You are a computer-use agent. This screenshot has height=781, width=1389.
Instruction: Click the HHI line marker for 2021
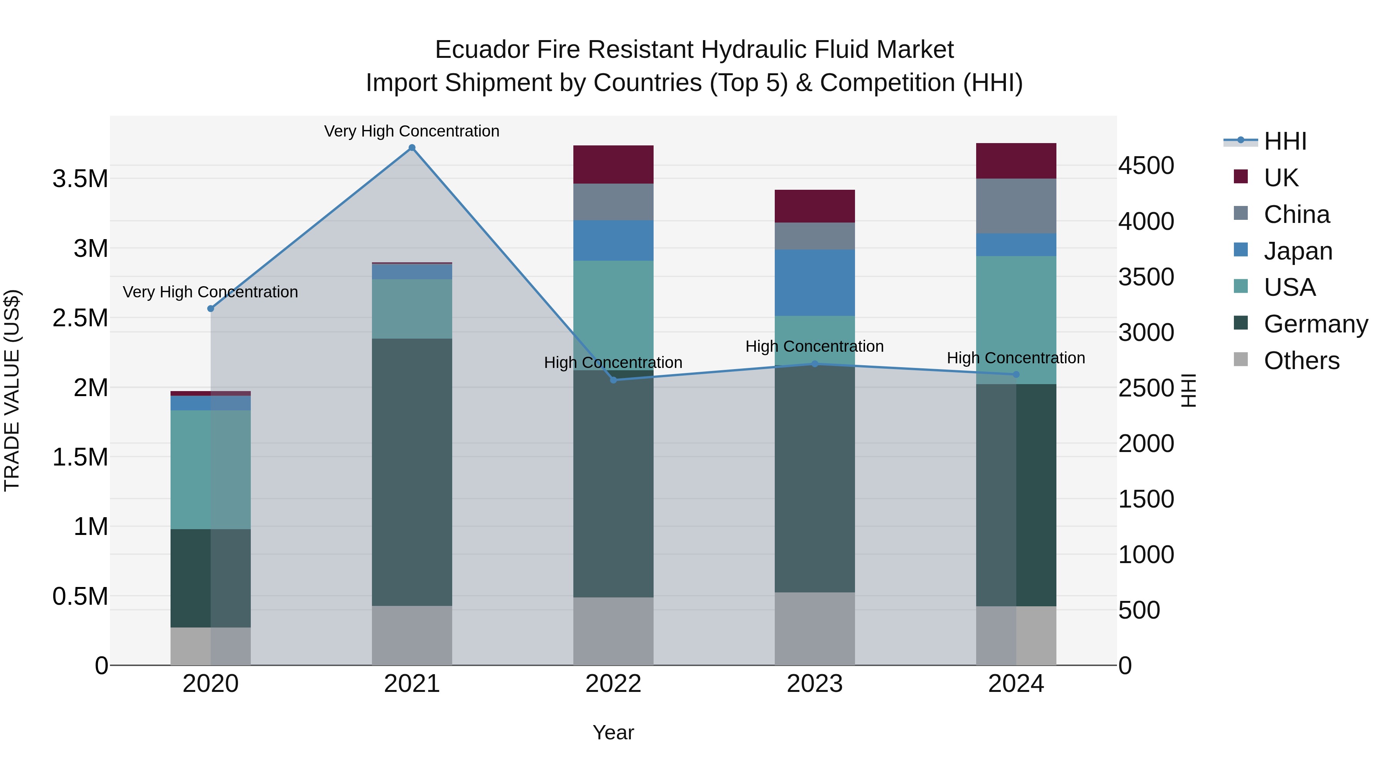point(412,148)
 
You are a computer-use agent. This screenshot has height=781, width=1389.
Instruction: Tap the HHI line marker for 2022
point(613,380)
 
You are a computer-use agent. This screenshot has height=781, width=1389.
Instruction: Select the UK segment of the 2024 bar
point(1016,160)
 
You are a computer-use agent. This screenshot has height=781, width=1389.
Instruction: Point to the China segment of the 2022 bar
point(613,202)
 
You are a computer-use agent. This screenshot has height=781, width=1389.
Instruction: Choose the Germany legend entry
point(1315,324)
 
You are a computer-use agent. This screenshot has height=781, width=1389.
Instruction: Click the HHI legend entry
point(1285,141)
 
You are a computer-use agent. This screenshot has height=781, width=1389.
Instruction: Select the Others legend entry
point(1301,361)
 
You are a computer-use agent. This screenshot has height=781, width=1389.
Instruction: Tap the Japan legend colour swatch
point(1241,250)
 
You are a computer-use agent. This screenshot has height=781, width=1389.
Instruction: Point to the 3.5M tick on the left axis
point(80,179)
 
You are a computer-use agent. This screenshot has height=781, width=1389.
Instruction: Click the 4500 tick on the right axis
point(1146,165)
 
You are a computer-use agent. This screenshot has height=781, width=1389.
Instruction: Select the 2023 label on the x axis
point(815,684)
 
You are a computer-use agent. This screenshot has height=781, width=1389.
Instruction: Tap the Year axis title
point(613,732)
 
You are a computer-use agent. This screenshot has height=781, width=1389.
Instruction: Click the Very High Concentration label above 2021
point(412,131)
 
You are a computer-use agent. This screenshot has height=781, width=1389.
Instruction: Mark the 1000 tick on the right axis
point(1146,555)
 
